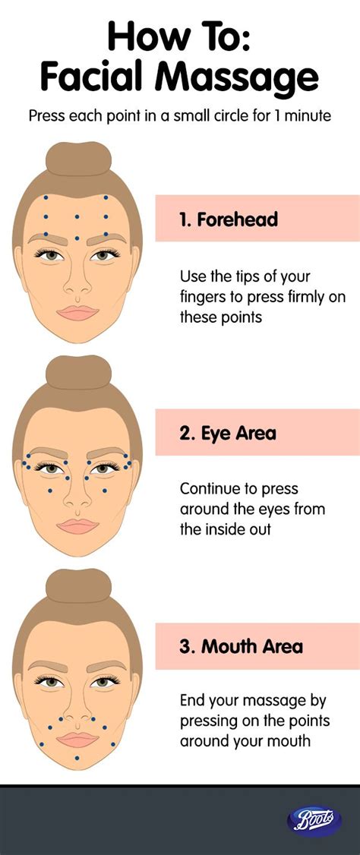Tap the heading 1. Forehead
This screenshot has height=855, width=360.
[x=229, y=220]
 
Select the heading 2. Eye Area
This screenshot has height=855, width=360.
[x=227, y=434]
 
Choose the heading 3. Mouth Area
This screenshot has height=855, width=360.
[x=241, y=647]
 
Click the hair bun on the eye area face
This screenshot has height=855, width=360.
[x=77, y=373]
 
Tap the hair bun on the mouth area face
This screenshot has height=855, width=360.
[x=77, y=587]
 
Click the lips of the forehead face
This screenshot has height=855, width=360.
[x=77, y=312]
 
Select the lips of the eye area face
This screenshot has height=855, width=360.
[x=77, y=525]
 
